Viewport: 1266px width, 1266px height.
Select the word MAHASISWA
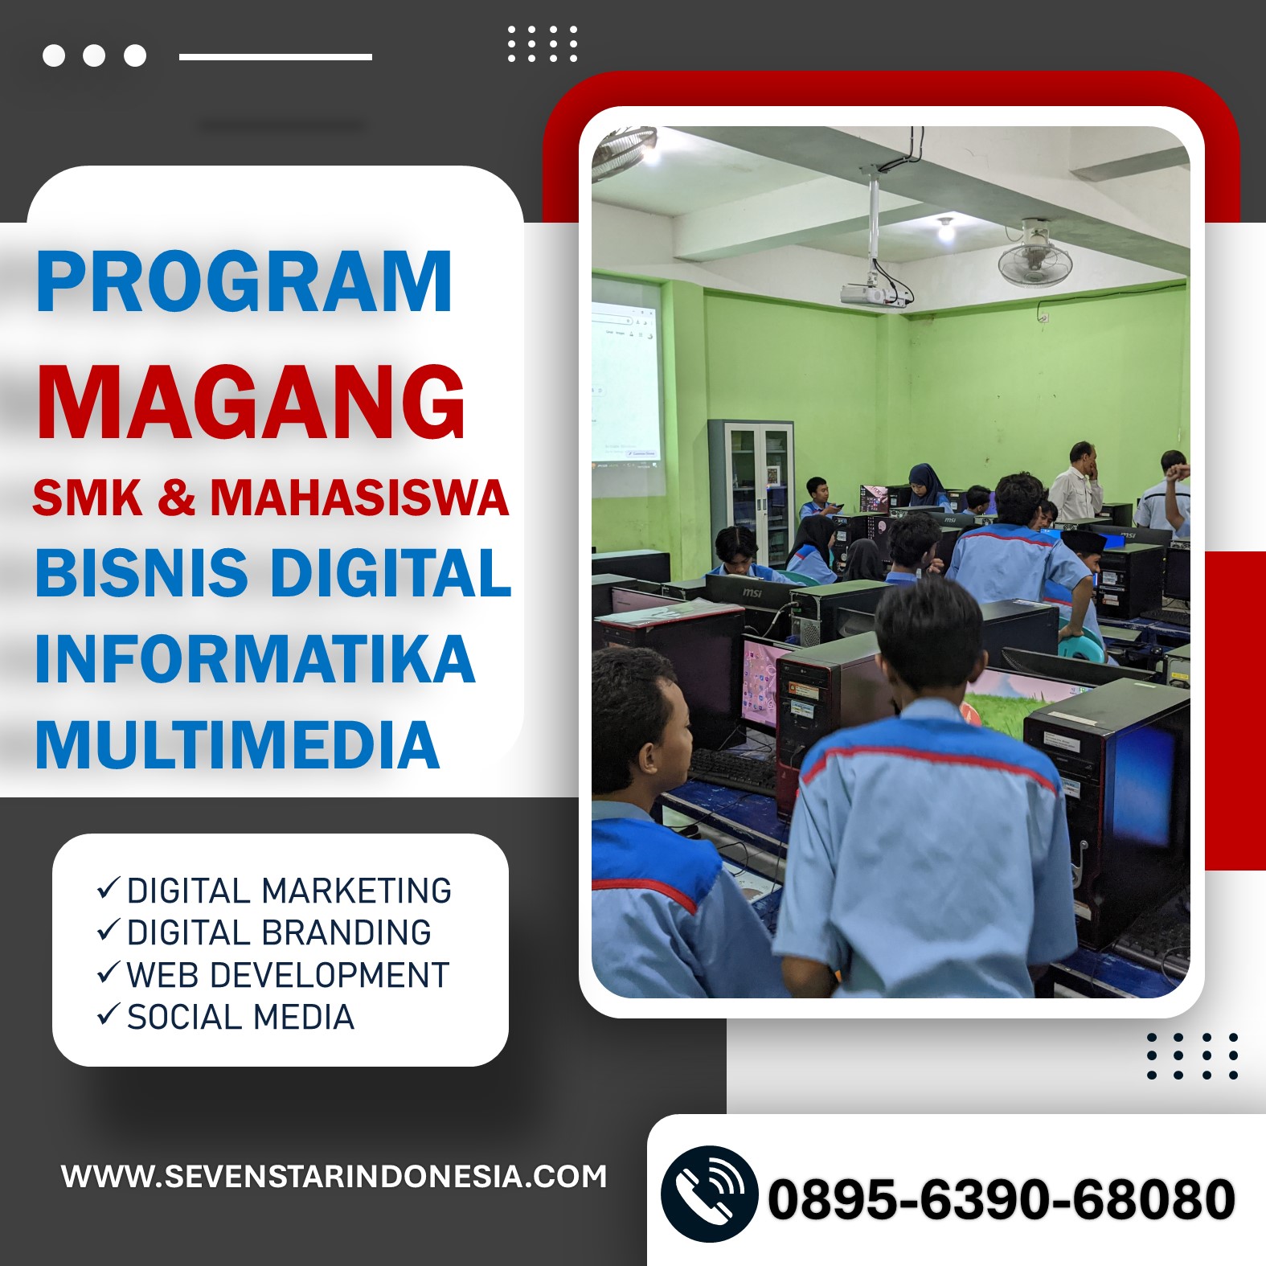coord(359,498)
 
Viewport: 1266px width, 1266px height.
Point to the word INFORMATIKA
coord(255,659)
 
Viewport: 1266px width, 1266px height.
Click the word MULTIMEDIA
coord(238,745)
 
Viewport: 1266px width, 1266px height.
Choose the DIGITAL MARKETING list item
coord(273,891)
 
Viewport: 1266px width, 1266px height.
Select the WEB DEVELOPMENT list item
coord(272,975)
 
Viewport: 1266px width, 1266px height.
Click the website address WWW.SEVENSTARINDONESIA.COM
coord(334,1177)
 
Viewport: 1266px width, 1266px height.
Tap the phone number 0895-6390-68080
coord(1002,1199)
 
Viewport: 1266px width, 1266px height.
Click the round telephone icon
coord(709,1194)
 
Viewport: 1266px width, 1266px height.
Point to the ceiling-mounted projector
coord(874,294)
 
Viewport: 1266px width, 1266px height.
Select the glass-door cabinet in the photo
coord(750,490)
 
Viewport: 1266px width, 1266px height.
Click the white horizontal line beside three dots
coord(276,57)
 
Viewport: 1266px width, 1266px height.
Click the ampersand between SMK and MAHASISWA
coord(176,498)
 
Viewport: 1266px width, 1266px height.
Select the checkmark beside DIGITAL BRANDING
coord(109,930)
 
